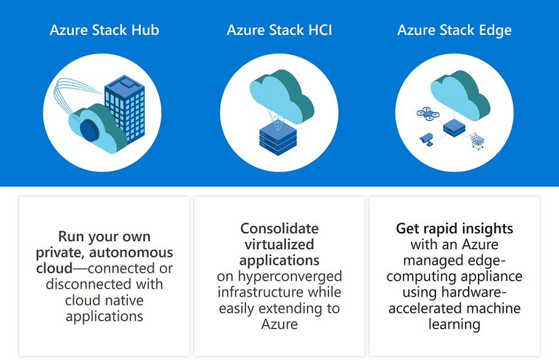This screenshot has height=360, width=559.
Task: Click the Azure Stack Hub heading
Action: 105,30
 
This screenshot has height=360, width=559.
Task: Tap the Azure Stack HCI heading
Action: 279,30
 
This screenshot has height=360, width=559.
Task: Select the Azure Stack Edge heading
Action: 454,30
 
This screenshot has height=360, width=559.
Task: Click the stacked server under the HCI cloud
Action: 278,138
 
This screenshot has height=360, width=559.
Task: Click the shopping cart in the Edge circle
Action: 477,142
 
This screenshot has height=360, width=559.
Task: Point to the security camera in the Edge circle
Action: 426,139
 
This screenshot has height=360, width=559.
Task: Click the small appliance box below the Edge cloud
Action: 454,128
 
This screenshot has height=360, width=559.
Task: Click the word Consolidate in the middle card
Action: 279,228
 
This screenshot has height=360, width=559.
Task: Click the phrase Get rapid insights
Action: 454,228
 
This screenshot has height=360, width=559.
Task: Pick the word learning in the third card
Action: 454,324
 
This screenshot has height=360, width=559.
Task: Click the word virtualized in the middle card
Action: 279,244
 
